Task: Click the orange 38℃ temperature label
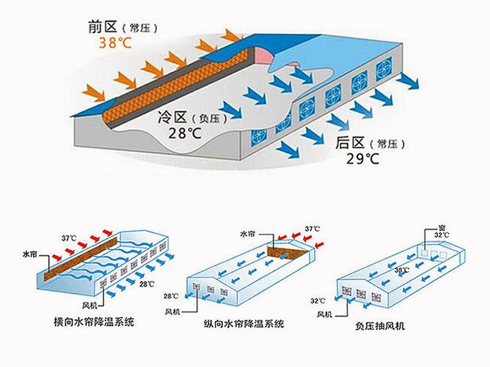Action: point(116,43)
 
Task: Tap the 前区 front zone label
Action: point(102,28)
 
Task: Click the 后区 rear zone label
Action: point(350,144)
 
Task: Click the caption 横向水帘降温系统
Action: point(94,322)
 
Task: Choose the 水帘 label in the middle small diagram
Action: point(247,233)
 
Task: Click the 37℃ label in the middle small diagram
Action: point(312,229)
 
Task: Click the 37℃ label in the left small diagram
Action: point(69,238)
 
